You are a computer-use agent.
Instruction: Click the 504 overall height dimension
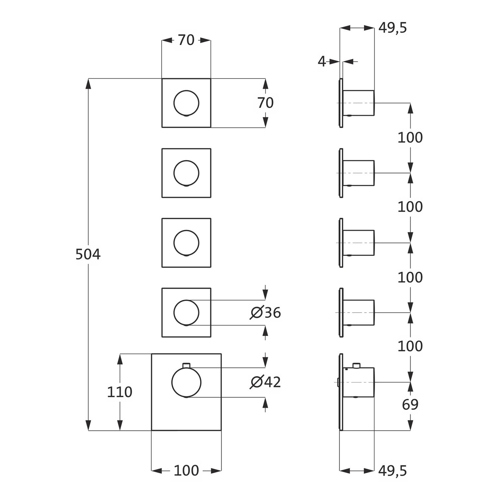[x=88, y=254]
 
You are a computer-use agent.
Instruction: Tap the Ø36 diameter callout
[x=265, y=313]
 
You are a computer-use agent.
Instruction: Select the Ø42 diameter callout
[x=265, y=382]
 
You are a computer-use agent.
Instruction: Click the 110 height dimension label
[x=119, y=392]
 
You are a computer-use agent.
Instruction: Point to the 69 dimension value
[x=410, y=405]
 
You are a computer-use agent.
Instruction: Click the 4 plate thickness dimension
[x=322, y=62]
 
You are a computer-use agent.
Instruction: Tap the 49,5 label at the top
[x=393, y=28]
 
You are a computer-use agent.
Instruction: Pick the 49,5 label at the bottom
[x=393, y=471]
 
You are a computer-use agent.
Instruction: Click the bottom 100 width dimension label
[x=186, y=470]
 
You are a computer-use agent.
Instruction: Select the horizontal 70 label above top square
[x=186, y=40]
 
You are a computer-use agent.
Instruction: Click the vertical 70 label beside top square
[x=265, y=103]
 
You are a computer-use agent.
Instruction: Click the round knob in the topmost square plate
[x=186, y=103]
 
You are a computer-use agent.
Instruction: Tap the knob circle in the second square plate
[x=186, y=173]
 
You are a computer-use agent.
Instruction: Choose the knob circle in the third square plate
[x=186, y=243]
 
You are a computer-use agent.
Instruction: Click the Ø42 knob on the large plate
[x=186, y=382]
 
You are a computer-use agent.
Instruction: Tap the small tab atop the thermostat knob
[x=186, y=365]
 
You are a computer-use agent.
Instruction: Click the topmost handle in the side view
[x=359, y=103]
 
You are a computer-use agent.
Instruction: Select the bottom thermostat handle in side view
[x=359, y=382]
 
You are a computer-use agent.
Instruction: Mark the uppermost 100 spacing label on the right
[x=410, y=137]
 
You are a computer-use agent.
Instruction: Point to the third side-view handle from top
[x=359, y=243]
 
